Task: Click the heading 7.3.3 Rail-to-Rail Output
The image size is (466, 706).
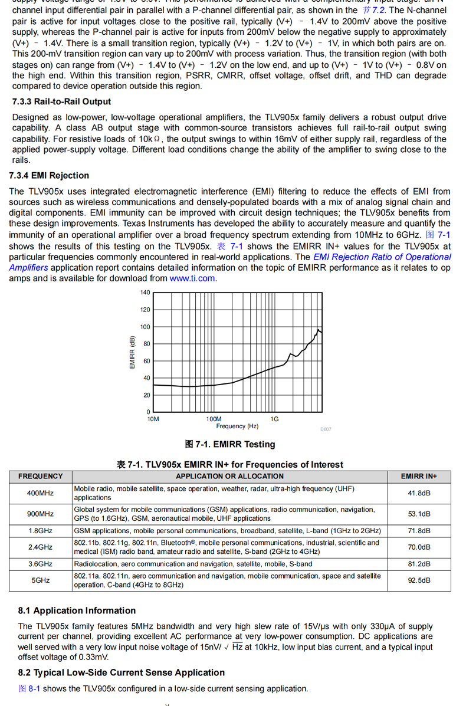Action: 61,102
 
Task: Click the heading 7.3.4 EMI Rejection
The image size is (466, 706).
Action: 49,176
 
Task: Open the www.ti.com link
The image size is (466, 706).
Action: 192,278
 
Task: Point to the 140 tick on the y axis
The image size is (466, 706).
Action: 145,293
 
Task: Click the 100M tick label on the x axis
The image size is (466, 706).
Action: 214,419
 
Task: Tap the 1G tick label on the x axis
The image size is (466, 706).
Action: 274,419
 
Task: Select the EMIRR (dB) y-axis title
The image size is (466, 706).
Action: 132,353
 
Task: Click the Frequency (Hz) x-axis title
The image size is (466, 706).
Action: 237,426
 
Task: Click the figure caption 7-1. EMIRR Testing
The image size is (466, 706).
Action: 230,444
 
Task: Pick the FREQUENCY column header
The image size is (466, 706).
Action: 40,477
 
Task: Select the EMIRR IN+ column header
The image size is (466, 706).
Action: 419,477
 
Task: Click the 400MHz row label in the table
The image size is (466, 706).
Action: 40,493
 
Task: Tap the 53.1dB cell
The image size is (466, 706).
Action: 419,514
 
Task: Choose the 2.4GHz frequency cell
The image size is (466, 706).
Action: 40,547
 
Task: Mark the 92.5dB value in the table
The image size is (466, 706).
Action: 419,580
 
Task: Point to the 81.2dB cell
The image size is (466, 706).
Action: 419,564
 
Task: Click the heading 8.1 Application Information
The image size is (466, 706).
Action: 77,610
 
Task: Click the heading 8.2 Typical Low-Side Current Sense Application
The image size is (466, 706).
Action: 121,672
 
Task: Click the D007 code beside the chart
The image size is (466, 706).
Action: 326,430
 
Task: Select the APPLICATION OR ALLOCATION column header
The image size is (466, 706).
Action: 229,477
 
